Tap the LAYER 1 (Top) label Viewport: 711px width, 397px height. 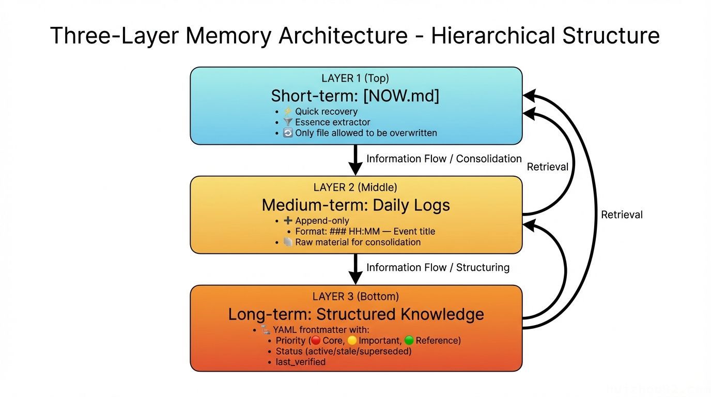(355, 79)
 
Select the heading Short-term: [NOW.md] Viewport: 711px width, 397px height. (355, 96)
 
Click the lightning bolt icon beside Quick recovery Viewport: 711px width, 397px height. (288, 112)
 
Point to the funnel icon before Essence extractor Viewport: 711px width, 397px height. (288, 123)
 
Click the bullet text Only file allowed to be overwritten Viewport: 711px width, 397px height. (366, 133)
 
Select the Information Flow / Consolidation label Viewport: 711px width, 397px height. (444, 159)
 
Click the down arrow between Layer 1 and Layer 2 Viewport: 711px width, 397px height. (355, 160)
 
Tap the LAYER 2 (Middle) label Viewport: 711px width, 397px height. (355, 188)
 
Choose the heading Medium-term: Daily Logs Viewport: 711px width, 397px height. (355, 205)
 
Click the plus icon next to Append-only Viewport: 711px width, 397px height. (288, 221)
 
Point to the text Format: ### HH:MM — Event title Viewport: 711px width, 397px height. (365, 232)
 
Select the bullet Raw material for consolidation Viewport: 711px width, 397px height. (358, 242)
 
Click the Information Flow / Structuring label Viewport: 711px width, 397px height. (438, 267)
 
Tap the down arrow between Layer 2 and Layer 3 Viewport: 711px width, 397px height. (355, 269)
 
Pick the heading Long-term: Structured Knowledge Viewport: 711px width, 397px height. (355, 314)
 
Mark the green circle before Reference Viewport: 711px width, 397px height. (409, 341)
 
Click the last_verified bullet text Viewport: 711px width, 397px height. (300, 362)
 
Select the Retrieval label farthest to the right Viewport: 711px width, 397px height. (622, 215)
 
